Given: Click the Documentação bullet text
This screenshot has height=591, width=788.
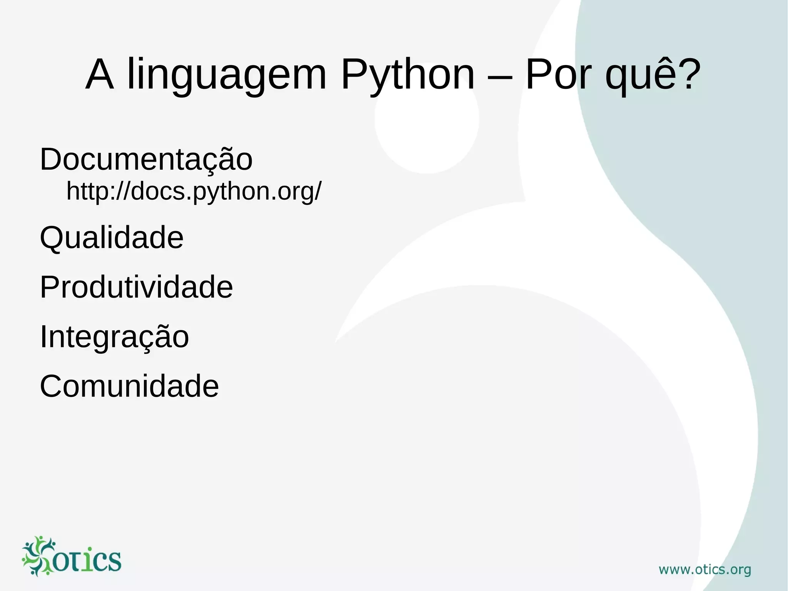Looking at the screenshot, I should (x=146, y=159).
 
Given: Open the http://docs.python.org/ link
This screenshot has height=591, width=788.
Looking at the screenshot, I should (x=194, y=191).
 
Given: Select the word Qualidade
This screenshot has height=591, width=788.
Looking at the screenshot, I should (x=112, y=238).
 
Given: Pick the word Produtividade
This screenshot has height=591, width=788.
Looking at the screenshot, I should (x=136, y=287).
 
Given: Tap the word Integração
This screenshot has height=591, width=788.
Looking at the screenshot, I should (x=114, y=337).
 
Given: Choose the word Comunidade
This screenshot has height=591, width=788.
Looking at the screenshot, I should (x=129, y=386).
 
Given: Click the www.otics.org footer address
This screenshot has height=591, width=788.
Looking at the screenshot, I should (x=705, y=570).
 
